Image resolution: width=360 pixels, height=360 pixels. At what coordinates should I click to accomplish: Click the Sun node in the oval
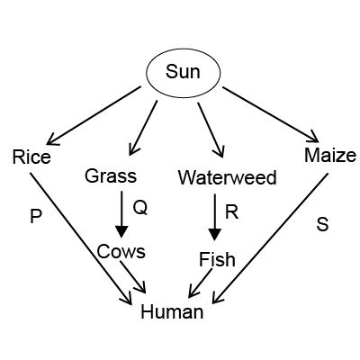pyautogui.click(x=183, y=72)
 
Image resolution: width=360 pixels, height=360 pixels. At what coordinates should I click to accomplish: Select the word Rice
pyautogui.click(x=31, y=157)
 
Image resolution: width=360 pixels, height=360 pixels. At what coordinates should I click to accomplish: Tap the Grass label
pyautogui.click(x=111, y=175)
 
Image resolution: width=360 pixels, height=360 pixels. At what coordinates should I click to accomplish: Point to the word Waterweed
pyautogui.click(x=228, y=177)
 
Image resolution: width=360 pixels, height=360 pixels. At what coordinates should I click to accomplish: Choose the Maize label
pyautogui.click(x=330, y=156)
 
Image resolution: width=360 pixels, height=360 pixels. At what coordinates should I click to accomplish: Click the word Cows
pyautogui.click(x=121, y=251)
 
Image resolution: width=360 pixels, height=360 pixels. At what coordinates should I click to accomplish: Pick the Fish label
pyautogui.click(x=217, y=259)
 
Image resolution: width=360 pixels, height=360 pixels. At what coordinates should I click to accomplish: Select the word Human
pyautogui.click(x=172, y=311)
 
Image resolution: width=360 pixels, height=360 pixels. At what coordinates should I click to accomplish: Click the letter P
pyautogui.click(x=36, y=216)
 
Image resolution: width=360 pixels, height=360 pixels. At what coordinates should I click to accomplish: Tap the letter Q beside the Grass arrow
pyautogui.click(x=140, y=208)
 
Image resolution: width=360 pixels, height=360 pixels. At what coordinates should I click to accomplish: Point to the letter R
pyautogui.click(x=231, y=212)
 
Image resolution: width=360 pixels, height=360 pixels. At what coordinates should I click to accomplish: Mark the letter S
pyautogui.click(x=322, y=224)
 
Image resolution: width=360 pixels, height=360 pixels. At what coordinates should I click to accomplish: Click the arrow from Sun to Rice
pyautogui.click(x=94, y=115)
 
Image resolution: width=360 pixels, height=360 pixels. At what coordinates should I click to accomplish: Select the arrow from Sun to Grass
pyautogui.click(x=143, y=128)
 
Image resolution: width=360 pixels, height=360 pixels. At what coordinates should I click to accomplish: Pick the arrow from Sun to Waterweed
pyautogui.click(x=211, y=130)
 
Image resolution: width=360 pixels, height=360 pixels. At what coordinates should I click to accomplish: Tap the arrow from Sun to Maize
pyautogui.click(x=271, y=114)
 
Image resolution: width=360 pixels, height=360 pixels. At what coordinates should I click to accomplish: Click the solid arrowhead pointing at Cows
pyautogui.click(x=121, y=232)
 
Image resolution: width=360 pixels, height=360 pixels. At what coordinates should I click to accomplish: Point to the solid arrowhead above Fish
pyautogui.click(x=215, y=235)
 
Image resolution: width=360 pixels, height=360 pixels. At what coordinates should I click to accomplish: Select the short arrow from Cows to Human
pyautogui.click(x=133, y=277)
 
